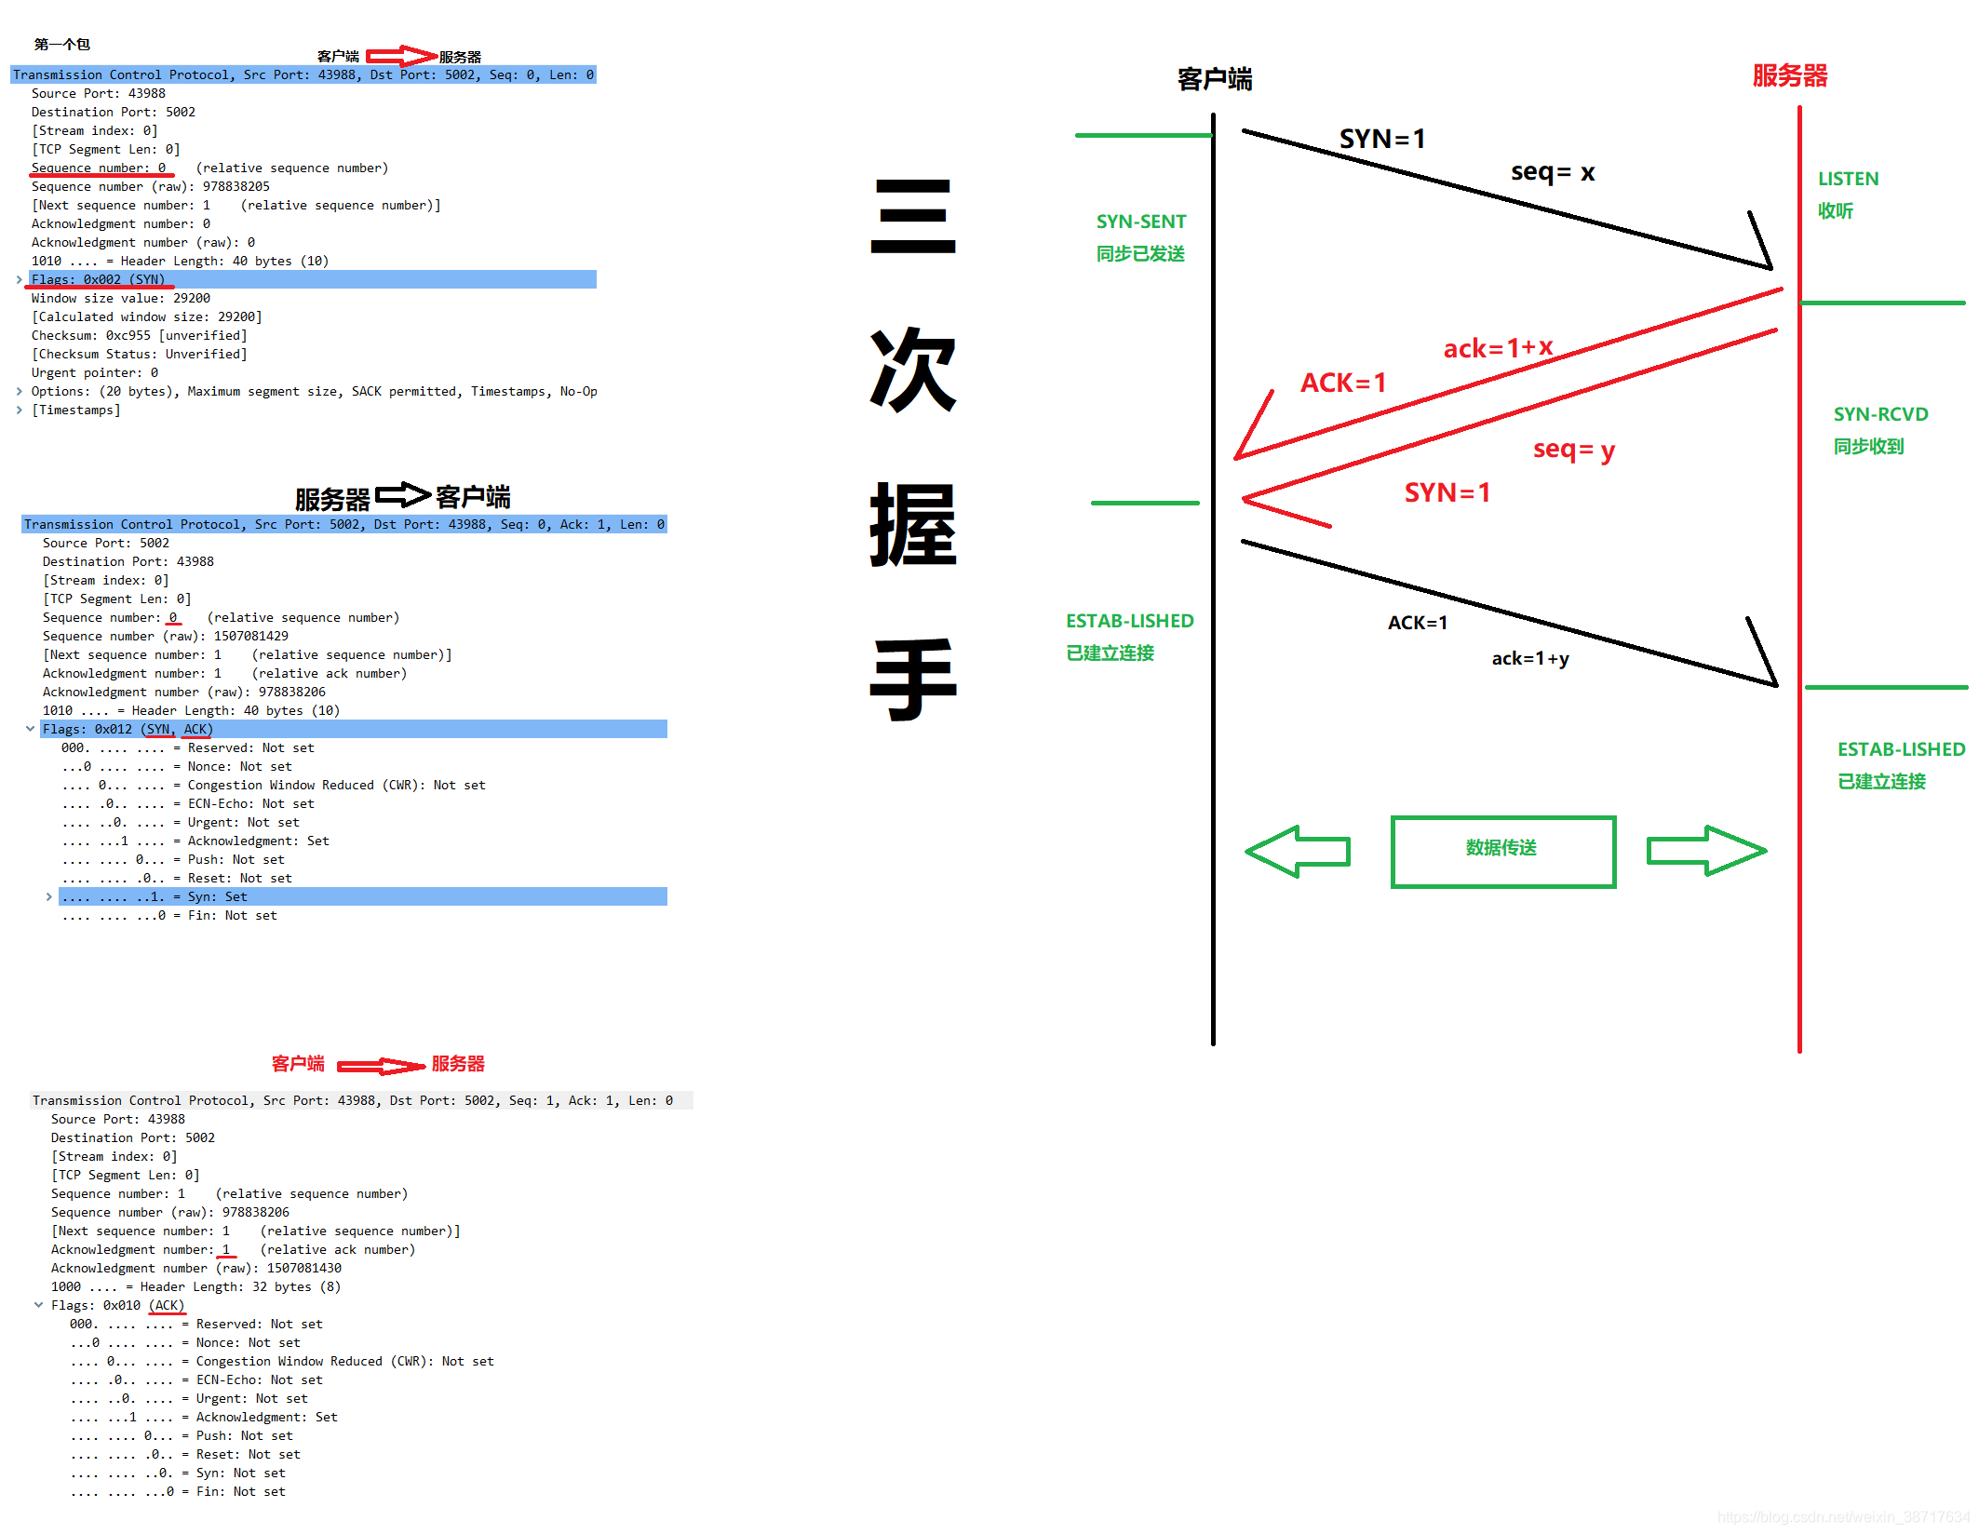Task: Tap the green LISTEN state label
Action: click(1848, 179)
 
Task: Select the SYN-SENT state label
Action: click(1140, 222)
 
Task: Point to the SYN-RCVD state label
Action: click(1880, 414)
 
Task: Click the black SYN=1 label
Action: click(1381, 140)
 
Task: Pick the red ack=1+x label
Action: click(1498, 348)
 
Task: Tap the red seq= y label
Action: click(1573, 450)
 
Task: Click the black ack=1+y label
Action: click(1530, 659)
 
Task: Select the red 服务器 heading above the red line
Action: click(1789, 75)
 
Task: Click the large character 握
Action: click(913, 525)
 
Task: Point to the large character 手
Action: click(913, 680)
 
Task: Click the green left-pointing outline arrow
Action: click(1298, 851)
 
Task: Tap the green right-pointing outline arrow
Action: click(1705, 851)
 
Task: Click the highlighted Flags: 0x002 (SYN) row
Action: click(98, 279)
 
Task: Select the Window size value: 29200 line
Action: click(121, 298)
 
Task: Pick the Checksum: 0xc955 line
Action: click(139, 335)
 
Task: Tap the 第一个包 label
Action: click(61, 44)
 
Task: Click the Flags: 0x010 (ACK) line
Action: click(118, 1305)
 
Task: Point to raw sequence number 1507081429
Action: click(251, 636)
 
